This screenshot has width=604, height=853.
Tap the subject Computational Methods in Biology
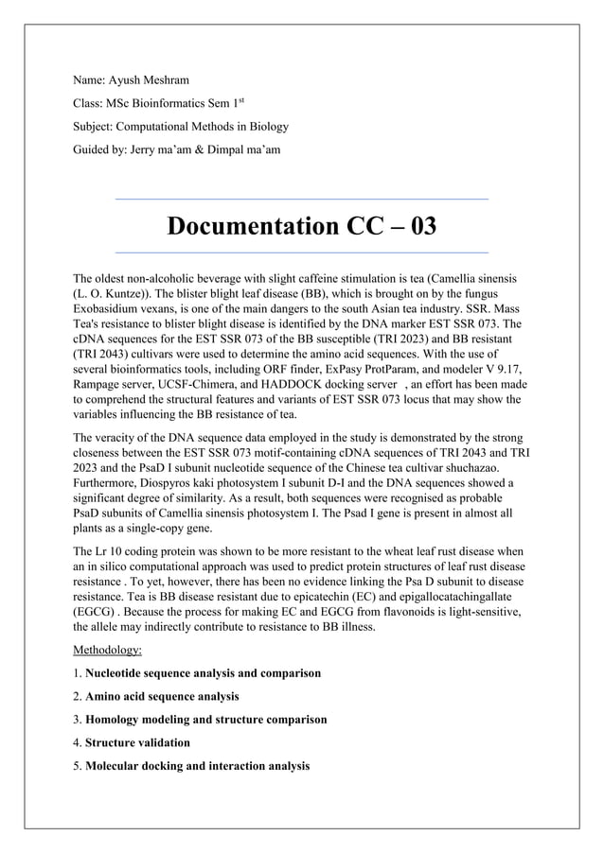(181, 126)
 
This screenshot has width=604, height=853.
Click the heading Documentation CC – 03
(301, 227)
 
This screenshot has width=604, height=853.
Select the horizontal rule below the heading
(301, 253)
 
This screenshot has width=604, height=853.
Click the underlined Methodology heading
(108, 651)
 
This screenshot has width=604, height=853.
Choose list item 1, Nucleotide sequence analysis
(202, 673)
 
